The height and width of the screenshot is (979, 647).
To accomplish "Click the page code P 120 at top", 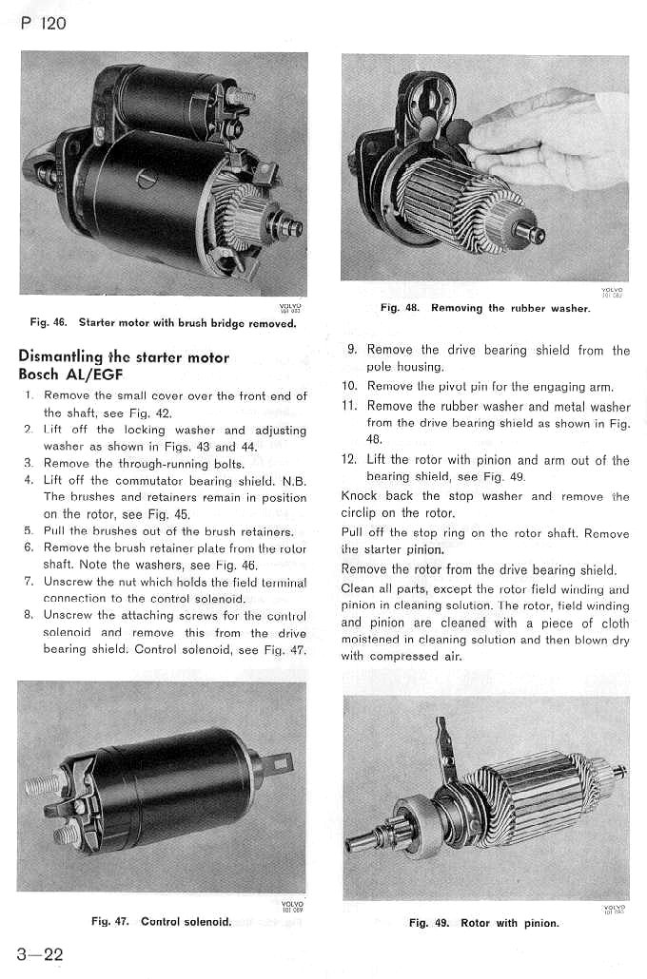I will coord(43,22).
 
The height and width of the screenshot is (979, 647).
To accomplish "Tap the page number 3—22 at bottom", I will coord(40,953).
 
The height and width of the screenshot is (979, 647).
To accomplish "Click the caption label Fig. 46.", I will coord(47,323).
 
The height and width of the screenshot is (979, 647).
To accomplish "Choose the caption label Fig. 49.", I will coord(429,923).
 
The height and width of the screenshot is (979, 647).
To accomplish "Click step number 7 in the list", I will coord(29,582).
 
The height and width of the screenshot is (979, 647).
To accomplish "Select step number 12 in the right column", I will coord(348,460).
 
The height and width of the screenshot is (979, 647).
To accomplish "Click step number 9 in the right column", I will coord(351,351).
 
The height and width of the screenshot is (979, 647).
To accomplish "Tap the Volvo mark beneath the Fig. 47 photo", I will coord(293,905).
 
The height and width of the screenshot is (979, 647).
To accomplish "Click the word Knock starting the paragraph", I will coord(359,496).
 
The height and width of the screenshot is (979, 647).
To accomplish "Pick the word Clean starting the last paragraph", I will coord(358,588).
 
